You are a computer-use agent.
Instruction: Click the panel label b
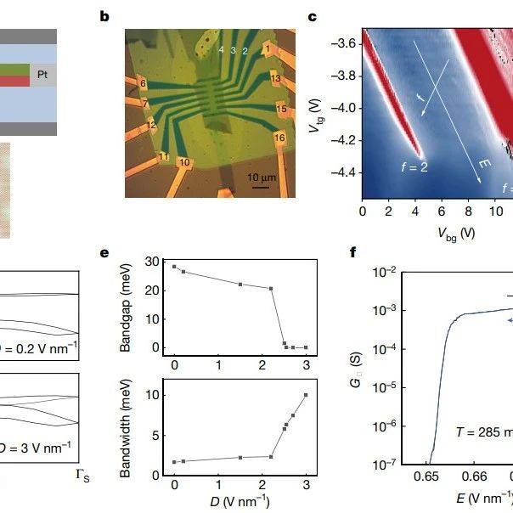104,15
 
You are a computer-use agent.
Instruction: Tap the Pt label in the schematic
42,76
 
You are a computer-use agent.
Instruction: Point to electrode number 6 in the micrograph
143,84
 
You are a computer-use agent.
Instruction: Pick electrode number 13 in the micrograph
275,79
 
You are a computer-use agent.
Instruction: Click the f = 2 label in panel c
414,167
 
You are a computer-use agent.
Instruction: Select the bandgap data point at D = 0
174,267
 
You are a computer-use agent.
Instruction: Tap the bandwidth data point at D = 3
306,395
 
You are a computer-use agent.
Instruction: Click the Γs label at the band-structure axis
82,479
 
